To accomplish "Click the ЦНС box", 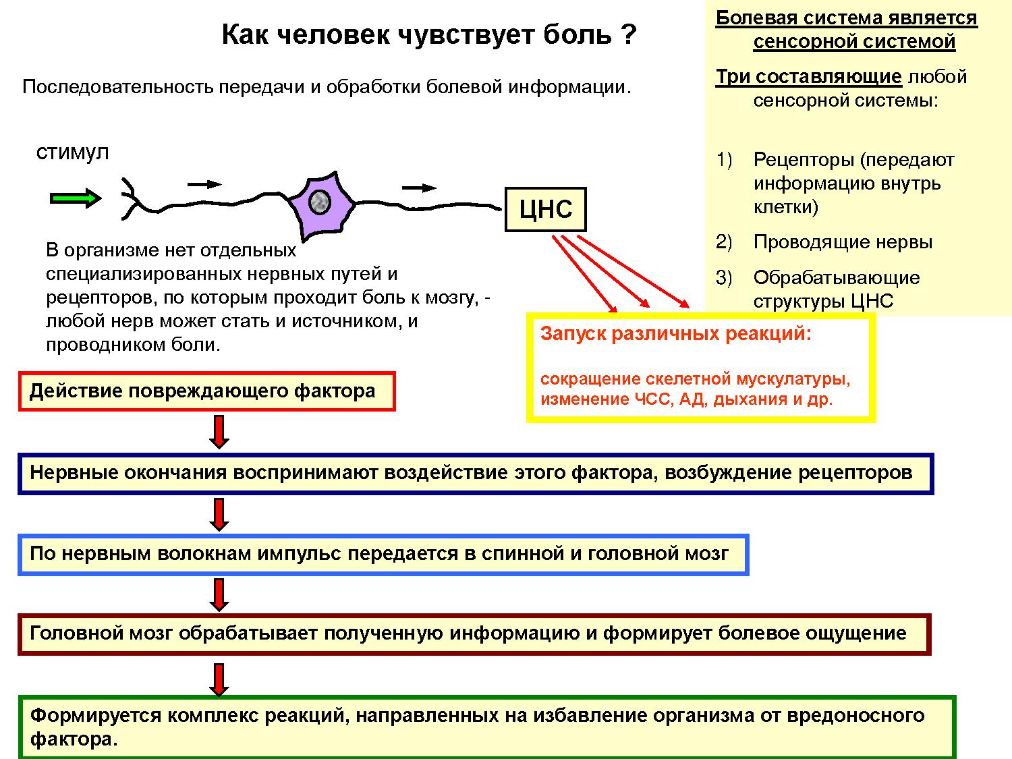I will coord(545,209).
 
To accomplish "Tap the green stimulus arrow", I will coord(76,198).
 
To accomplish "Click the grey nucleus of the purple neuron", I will coord(319,201).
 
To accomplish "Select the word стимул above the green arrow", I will coord(72,152).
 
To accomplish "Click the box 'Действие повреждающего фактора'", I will coord(206,391).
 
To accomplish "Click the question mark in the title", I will coord(628,34).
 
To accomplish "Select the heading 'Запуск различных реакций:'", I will coord(675,334).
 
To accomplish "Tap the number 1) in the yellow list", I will coord(724,160).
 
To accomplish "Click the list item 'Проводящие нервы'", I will coord(843,242).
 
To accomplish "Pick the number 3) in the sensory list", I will coord(724,278).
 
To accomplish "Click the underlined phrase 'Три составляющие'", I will coord(808,77).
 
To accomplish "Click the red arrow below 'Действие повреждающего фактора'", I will coord(219,432).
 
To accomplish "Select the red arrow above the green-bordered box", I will coord(219,679).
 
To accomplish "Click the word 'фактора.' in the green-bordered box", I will coord(74,739).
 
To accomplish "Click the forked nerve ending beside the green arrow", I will coord(132,198).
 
